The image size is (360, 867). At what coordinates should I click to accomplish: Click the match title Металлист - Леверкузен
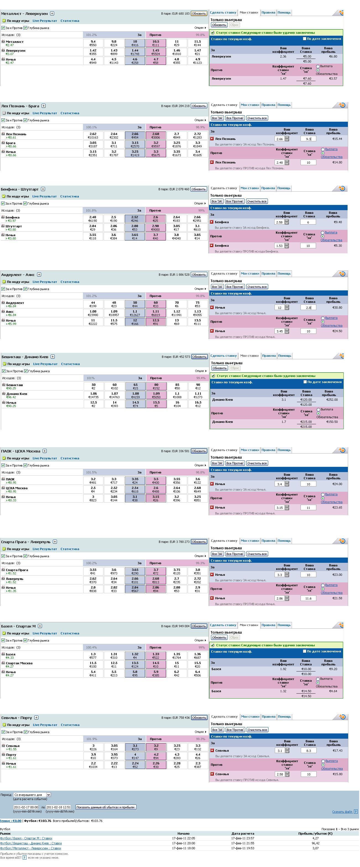[24, 14]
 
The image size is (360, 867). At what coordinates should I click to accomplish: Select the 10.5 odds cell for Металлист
[156, 43]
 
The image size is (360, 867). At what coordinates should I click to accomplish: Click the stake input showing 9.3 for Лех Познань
[308, 139]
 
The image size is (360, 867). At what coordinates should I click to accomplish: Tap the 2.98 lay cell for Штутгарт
[155, 228]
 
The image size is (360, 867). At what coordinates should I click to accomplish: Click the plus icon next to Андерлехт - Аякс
[39, 275]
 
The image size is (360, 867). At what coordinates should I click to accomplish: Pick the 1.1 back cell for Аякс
[135, 313]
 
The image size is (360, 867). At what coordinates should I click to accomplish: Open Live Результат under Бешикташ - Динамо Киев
[45, 364]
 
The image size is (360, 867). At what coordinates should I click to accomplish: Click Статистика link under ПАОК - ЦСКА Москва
[70, 458]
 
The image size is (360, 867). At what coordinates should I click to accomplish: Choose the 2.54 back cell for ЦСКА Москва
[135, 490]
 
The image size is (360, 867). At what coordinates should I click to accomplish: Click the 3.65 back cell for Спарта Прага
[135, 571]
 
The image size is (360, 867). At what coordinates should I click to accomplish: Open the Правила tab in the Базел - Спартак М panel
[268, 625]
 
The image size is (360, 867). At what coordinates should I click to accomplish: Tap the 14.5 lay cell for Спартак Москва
[156, 665]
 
